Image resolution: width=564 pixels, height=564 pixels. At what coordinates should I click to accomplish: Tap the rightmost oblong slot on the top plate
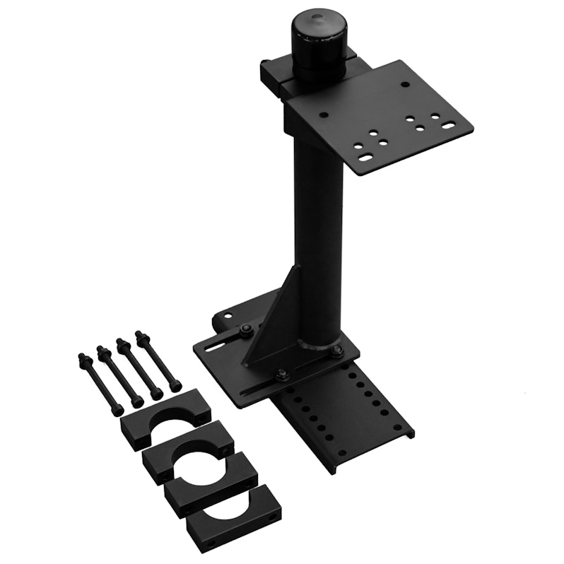point(449,127)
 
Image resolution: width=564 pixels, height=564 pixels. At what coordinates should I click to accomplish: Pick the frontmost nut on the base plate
point(281,374)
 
